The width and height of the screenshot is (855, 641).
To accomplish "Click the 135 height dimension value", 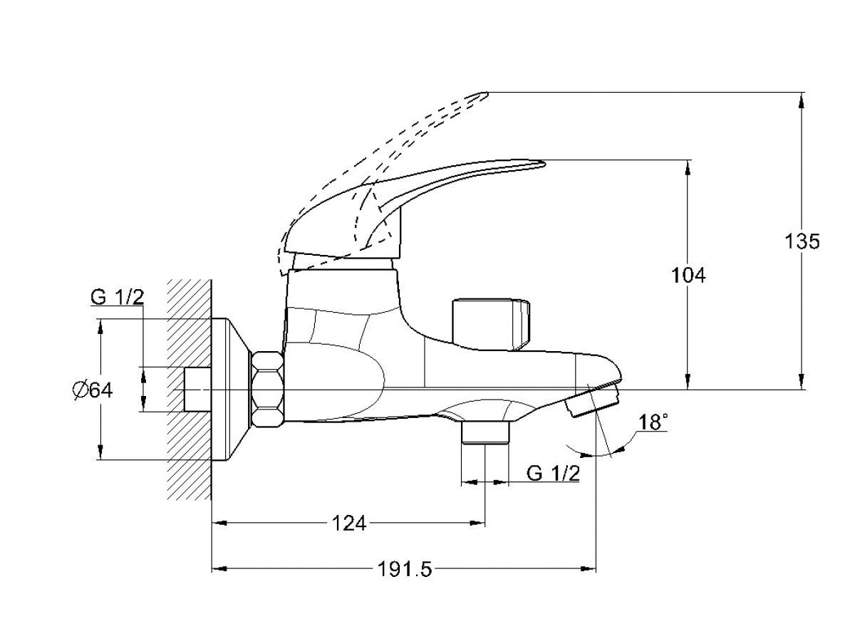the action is [x=802, y=241].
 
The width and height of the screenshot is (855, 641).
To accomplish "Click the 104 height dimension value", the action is [x=688, y=276].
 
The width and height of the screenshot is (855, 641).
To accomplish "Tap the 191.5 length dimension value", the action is [x=405, y=570].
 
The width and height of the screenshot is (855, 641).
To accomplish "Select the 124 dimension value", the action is [x=349, y=523].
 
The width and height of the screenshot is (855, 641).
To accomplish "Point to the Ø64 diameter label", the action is [x=93, y=390].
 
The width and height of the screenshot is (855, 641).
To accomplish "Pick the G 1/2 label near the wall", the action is [x=118, y=297].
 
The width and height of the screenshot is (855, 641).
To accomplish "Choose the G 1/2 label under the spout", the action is [x=553, y=473].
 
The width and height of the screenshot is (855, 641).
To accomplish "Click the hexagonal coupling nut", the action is [x=267, y=389].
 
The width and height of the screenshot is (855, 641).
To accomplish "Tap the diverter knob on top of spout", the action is [x=490, y=325].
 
